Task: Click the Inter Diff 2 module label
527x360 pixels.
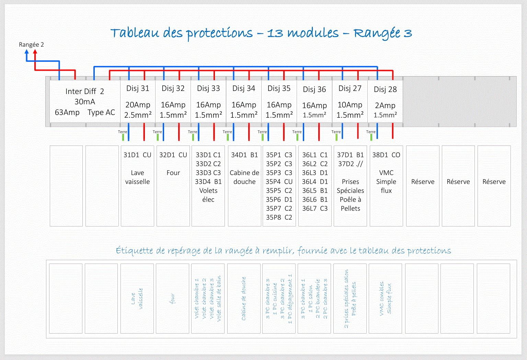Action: tap(84, 91)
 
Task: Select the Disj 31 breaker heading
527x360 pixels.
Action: tap(138, 89)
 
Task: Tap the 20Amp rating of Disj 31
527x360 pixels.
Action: tap(138, 105)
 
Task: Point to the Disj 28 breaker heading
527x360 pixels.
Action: tap(385, 89)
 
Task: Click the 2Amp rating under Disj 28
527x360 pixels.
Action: tap(385, 105)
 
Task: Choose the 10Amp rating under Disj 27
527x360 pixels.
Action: tap(350, 105)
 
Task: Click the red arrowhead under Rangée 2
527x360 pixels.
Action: tap(35, 52)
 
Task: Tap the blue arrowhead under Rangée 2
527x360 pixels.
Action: tap(27, 52)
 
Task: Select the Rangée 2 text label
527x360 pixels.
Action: tap(31, 45)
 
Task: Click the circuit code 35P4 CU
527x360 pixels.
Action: tap(279, 182)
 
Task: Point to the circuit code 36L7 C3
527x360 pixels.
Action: tap(315, 208)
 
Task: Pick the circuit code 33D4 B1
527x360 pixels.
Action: tap(208, 182)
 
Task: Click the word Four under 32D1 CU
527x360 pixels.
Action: tap(173, 173)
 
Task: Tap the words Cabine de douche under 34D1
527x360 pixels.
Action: tap(244, 177)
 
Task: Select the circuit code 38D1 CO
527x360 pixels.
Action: tap(386, 155)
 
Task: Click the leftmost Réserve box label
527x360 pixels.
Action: tap(423, 182)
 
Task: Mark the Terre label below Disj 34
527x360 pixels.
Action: tap(227, 132)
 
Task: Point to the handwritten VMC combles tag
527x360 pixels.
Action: tap(381, 299)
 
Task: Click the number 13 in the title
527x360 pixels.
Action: tap(275, 33)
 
